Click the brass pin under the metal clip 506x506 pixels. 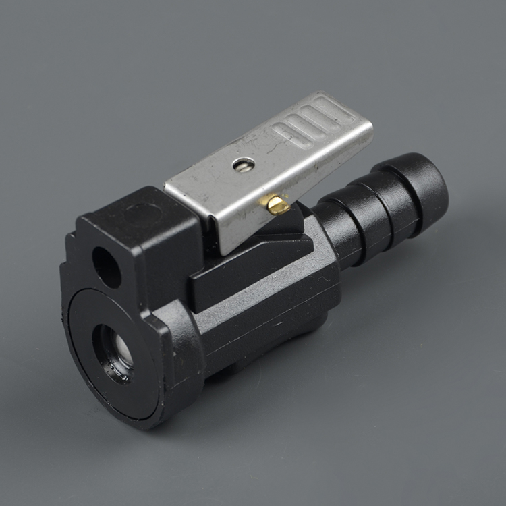tap(276, 204)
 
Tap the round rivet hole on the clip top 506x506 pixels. tap(243, 164)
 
